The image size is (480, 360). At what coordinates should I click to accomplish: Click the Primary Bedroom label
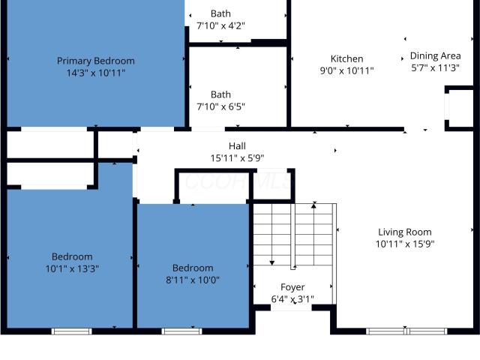point(96,61)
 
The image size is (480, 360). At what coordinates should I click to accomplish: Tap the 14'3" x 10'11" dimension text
point(96,73)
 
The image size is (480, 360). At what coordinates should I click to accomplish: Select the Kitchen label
point(346,58)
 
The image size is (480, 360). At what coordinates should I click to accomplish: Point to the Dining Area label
point(435,56)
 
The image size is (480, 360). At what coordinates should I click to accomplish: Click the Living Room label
point(405,232)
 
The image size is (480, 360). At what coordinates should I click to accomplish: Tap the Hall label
point(237,146)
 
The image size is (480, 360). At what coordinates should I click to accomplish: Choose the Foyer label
point(292,287)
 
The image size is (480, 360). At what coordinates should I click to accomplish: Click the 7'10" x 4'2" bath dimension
point(220,25)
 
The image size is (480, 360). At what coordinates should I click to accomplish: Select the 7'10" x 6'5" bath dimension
point(220,106)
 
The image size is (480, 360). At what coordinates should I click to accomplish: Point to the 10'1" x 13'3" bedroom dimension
point(72,268)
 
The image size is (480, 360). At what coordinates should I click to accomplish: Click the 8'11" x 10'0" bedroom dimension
point(193,280)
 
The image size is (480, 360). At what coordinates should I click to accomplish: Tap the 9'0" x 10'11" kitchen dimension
point(346,70)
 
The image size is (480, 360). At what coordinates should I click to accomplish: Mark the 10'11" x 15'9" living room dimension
point(405,244)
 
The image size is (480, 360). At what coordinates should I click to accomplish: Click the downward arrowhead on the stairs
point(271,262)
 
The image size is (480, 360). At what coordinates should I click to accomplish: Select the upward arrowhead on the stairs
point(313,206)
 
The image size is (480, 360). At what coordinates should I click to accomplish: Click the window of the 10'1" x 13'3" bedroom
point(72,331)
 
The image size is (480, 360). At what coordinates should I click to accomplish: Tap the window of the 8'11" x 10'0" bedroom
point(181,331)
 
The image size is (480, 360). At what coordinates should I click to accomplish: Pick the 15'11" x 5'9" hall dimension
point(237,158)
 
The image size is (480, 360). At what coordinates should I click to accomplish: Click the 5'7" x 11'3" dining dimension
point(435,68)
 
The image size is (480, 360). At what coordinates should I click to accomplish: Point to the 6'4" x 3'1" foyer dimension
point(292,299)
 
